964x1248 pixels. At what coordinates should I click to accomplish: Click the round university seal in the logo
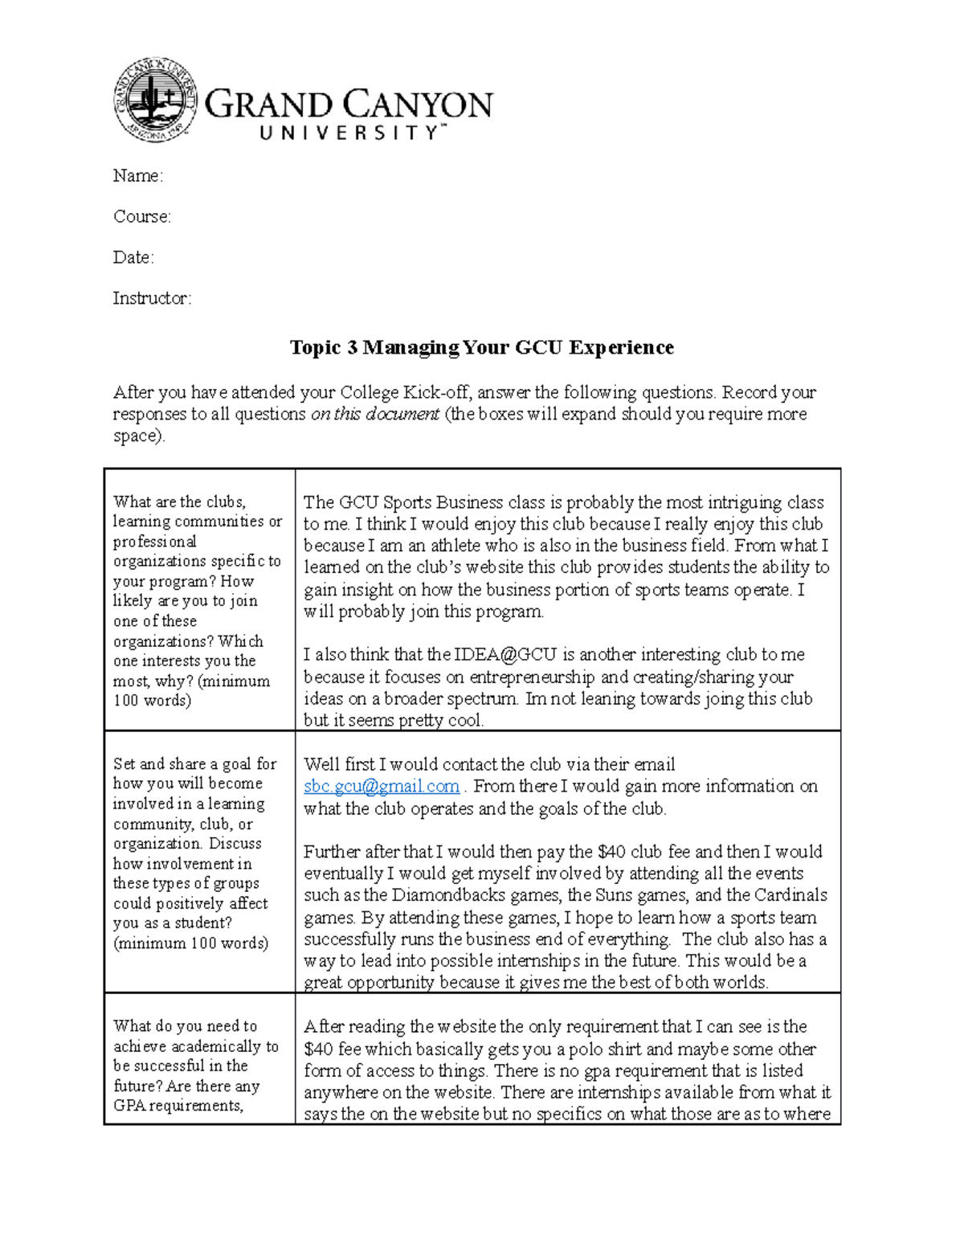[x=154, y=100]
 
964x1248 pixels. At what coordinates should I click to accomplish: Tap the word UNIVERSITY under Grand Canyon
[x=350, y=133]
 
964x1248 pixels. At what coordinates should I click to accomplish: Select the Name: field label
[x=137, y=176]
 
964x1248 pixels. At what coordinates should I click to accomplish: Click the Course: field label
[x=141, y=217]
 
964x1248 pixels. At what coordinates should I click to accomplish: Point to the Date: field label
[x=133, y=258]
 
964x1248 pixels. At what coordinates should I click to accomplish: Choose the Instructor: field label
[x=152, y=299]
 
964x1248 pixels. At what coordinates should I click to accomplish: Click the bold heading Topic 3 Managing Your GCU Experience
[x=481, y=347]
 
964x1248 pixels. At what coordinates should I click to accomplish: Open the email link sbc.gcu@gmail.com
[x=382, y=787]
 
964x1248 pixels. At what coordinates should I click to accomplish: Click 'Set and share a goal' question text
[x=194, y=764]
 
